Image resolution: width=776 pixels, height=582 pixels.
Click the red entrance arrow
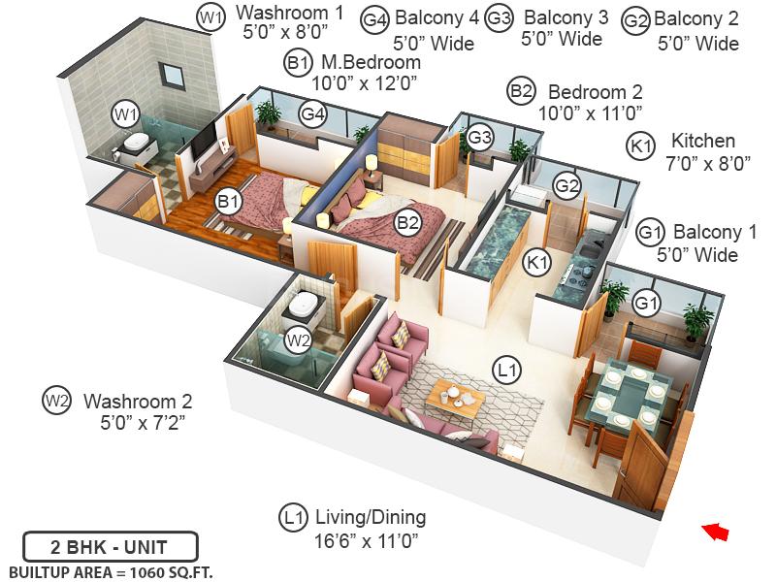pos(715,532)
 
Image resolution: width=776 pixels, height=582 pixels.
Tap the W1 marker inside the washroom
pos(124,114)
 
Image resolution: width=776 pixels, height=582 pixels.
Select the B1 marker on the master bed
pos(229,202)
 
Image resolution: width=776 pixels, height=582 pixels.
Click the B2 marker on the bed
pos(407,223)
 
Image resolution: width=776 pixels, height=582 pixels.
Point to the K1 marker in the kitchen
pos(536,261)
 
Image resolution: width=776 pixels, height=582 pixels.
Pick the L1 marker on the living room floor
pos(506,370)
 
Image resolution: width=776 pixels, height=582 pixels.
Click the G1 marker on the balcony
pos(646,305)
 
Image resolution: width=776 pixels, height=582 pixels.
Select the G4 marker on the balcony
pos(311,114)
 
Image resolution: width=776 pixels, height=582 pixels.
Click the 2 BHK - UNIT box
pos(110,545)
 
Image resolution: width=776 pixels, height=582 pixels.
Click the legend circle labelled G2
pos(636,20)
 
